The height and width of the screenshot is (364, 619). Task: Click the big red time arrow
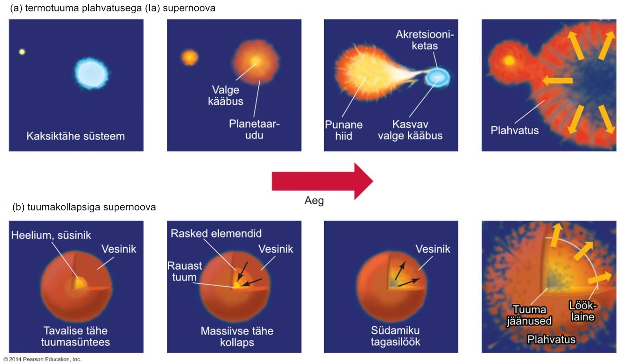click(x=322, y=181)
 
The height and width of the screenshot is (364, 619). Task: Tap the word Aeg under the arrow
click(x=314, y=200)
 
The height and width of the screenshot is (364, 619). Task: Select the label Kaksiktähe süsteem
click(x=76, y=136)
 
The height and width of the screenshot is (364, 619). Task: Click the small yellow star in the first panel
click(x=22, y=52)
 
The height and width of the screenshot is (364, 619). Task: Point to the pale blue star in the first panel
click(x=91, y=73)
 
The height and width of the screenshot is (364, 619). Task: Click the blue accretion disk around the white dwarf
click(x=438, y=77)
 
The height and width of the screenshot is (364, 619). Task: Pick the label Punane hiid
click(x=344, y=130)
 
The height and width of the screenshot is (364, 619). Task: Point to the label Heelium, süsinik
click(x=51, y=235)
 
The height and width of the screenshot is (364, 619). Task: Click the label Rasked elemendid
click(x=216, y=233)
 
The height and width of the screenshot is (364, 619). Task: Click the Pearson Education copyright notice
click(x=43, y=360)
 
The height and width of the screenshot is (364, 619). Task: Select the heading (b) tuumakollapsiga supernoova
click(x=84, y=207)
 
